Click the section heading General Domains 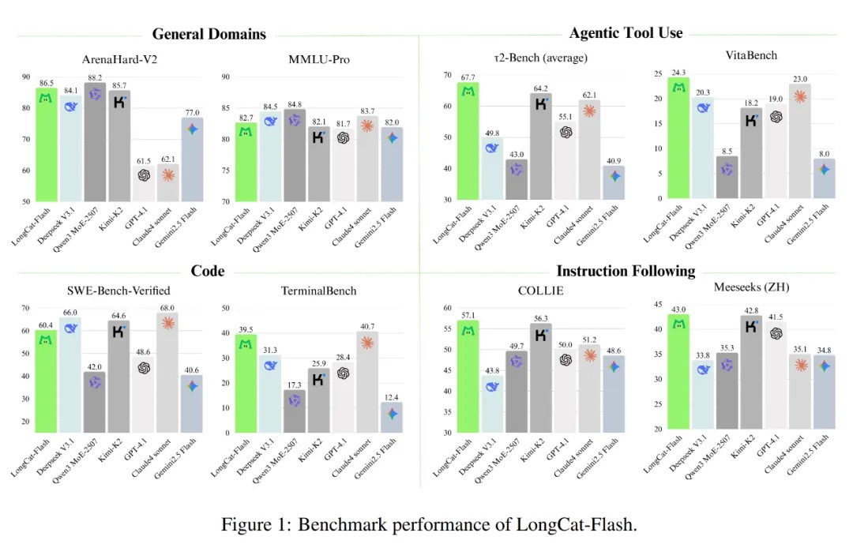pyautogui.click(x=209, y=34)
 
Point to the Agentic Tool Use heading pyautogui.click(x=626, y=33)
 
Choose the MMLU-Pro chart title pyautogui.click(x=319, y=59)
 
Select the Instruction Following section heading pyautogui.click(x=626, y=271)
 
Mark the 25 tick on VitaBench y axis pyautogui.click(x=658, y=73)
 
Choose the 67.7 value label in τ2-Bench pyautogui.click(x=468, y=77)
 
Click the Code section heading pyautogui.click(x=208, y=271)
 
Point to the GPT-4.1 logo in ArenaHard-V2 pyautogui.click(x=144, y=175)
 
